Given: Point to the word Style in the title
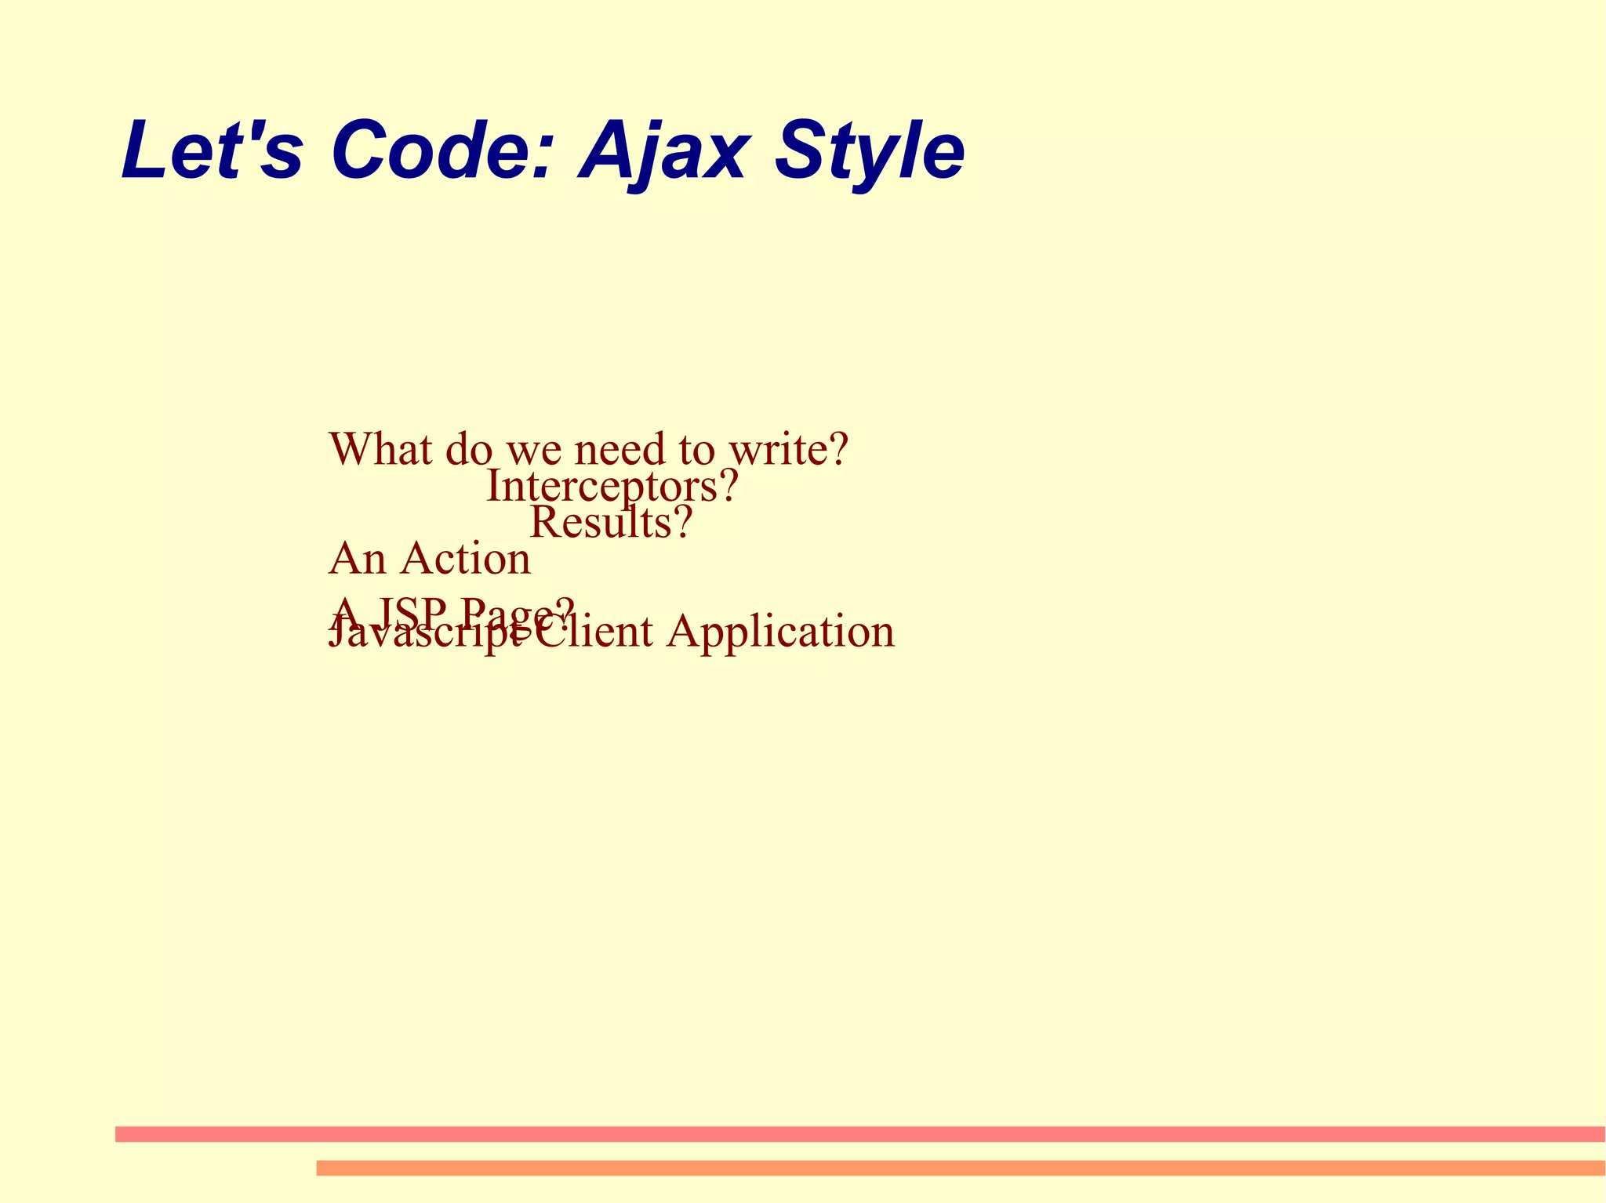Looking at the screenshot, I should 869,150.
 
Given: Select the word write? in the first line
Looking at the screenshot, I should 788,449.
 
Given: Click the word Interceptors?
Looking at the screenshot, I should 612,486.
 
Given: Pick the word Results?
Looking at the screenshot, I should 611,522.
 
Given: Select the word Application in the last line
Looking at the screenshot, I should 780,631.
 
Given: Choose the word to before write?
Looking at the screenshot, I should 696,449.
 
